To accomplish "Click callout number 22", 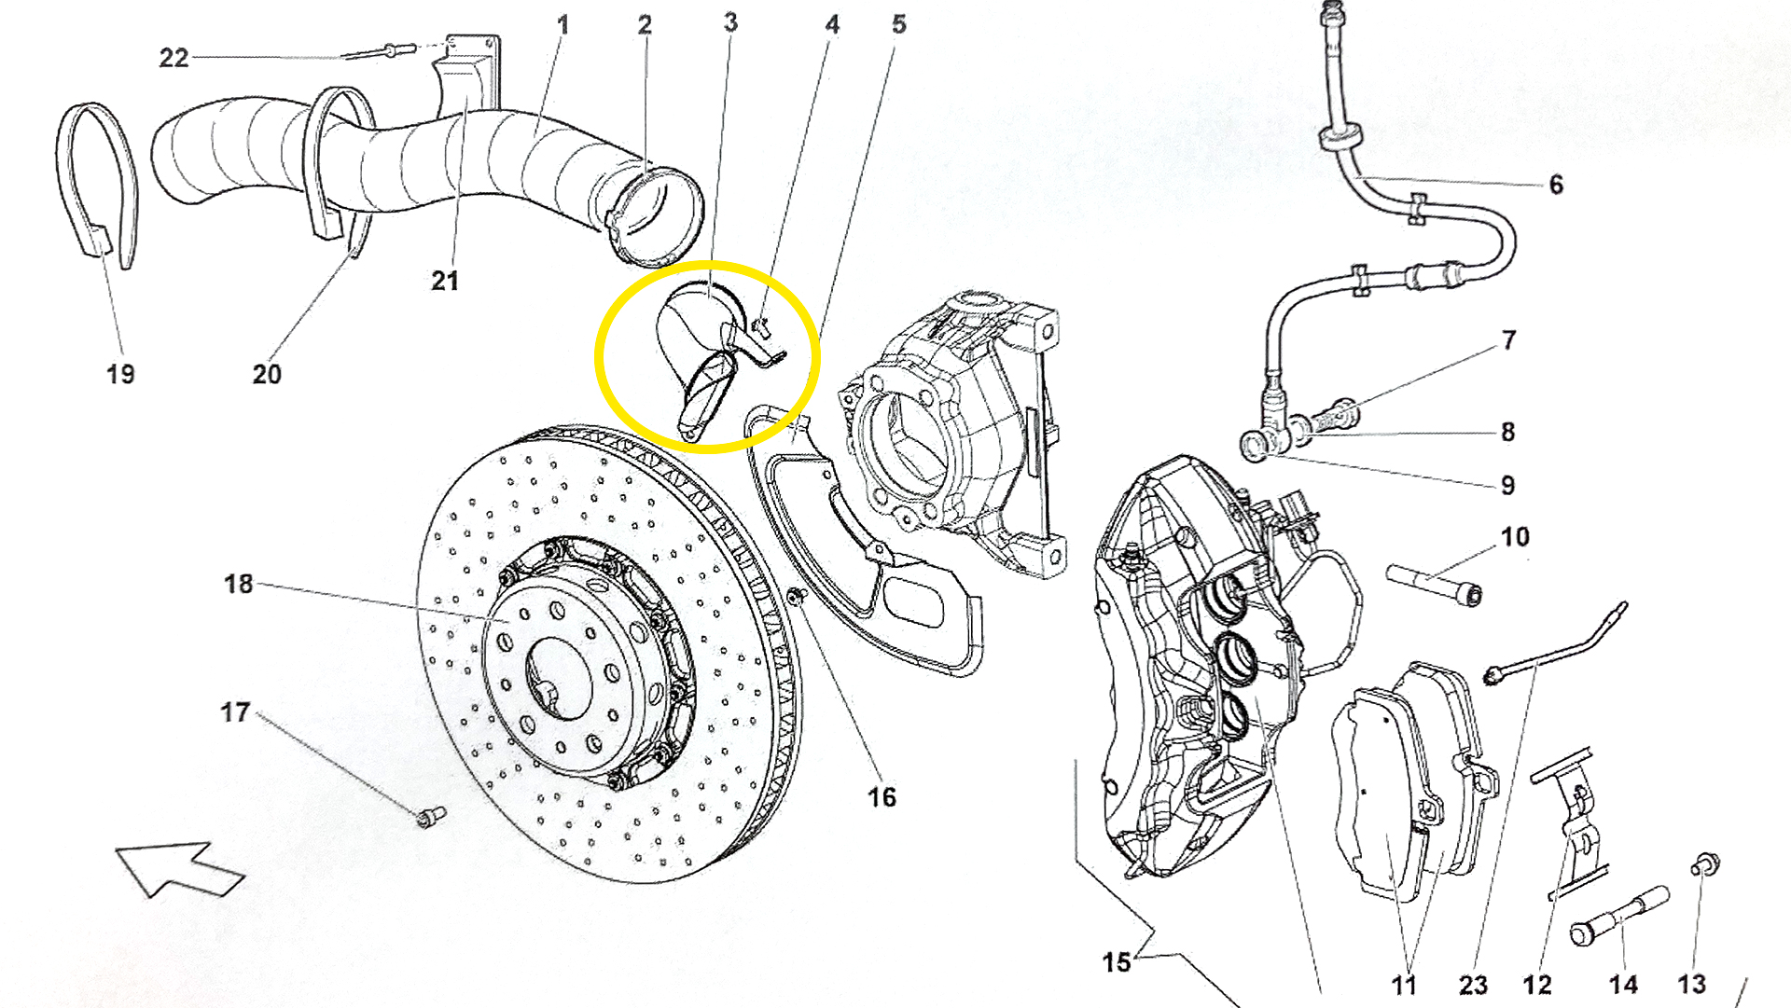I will tap(174, 58).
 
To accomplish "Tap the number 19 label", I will tap(120, 374).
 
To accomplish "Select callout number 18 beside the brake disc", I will tap(239, 584).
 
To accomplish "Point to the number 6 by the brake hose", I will tap(1556, 185).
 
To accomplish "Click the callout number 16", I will tap(882, 797).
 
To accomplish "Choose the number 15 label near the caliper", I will tap(1117, 962).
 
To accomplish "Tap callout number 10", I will tap(1515, 537).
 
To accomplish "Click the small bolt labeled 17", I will tap(431, 817).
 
